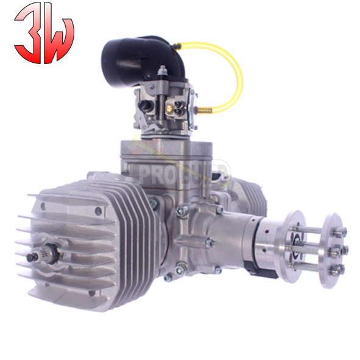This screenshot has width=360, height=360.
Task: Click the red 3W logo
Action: click(x=44, y=33)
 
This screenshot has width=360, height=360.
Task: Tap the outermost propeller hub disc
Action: click(x=333, y=250)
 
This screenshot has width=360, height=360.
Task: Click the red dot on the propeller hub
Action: click(x=267, y=231)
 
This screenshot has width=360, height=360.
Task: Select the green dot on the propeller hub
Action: click(x=265, y=250)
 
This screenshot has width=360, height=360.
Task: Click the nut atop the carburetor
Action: click(x=162, y=70)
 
